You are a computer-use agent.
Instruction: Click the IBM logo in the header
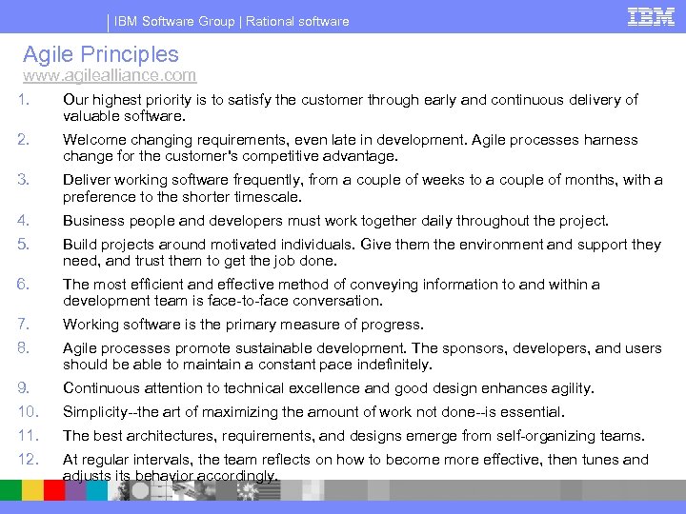point(652,16)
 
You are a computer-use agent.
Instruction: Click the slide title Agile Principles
point(100,54)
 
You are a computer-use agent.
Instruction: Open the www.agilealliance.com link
point(110,75)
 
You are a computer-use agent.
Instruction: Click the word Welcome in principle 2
point(93,140)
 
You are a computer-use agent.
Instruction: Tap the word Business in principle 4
point(92,221)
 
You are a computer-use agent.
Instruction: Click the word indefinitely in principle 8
point(388,365)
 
